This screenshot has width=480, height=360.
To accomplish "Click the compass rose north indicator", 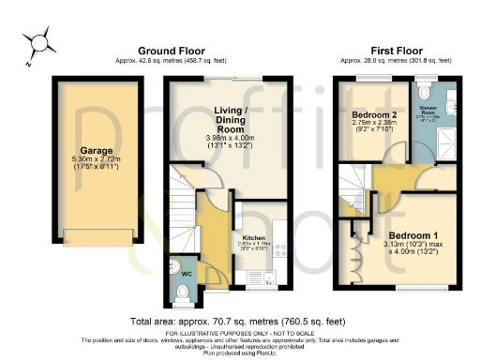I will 39,43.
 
